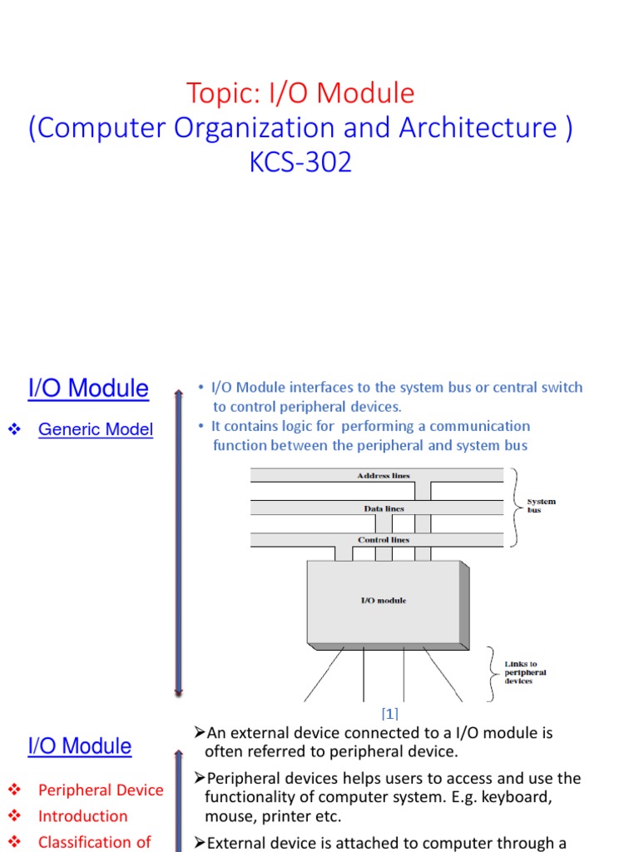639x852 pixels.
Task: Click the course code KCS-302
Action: coord(300,161)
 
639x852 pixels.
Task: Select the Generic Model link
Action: coord(96,429)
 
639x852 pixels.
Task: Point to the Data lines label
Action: coord(384,508)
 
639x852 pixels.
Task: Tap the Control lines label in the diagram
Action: coord(384,540)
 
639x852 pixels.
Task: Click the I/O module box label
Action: coord(384,601)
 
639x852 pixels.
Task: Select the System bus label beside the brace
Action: coord(541,506)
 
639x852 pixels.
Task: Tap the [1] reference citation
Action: coord(389,714)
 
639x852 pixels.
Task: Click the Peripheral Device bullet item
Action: coord(101,790)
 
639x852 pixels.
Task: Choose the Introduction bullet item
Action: coord(83,816)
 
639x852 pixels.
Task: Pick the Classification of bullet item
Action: coord(95,842)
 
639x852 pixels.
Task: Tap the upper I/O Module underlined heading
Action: coord(88,389)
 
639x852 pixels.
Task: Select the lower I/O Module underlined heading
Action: coord(80,746)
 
